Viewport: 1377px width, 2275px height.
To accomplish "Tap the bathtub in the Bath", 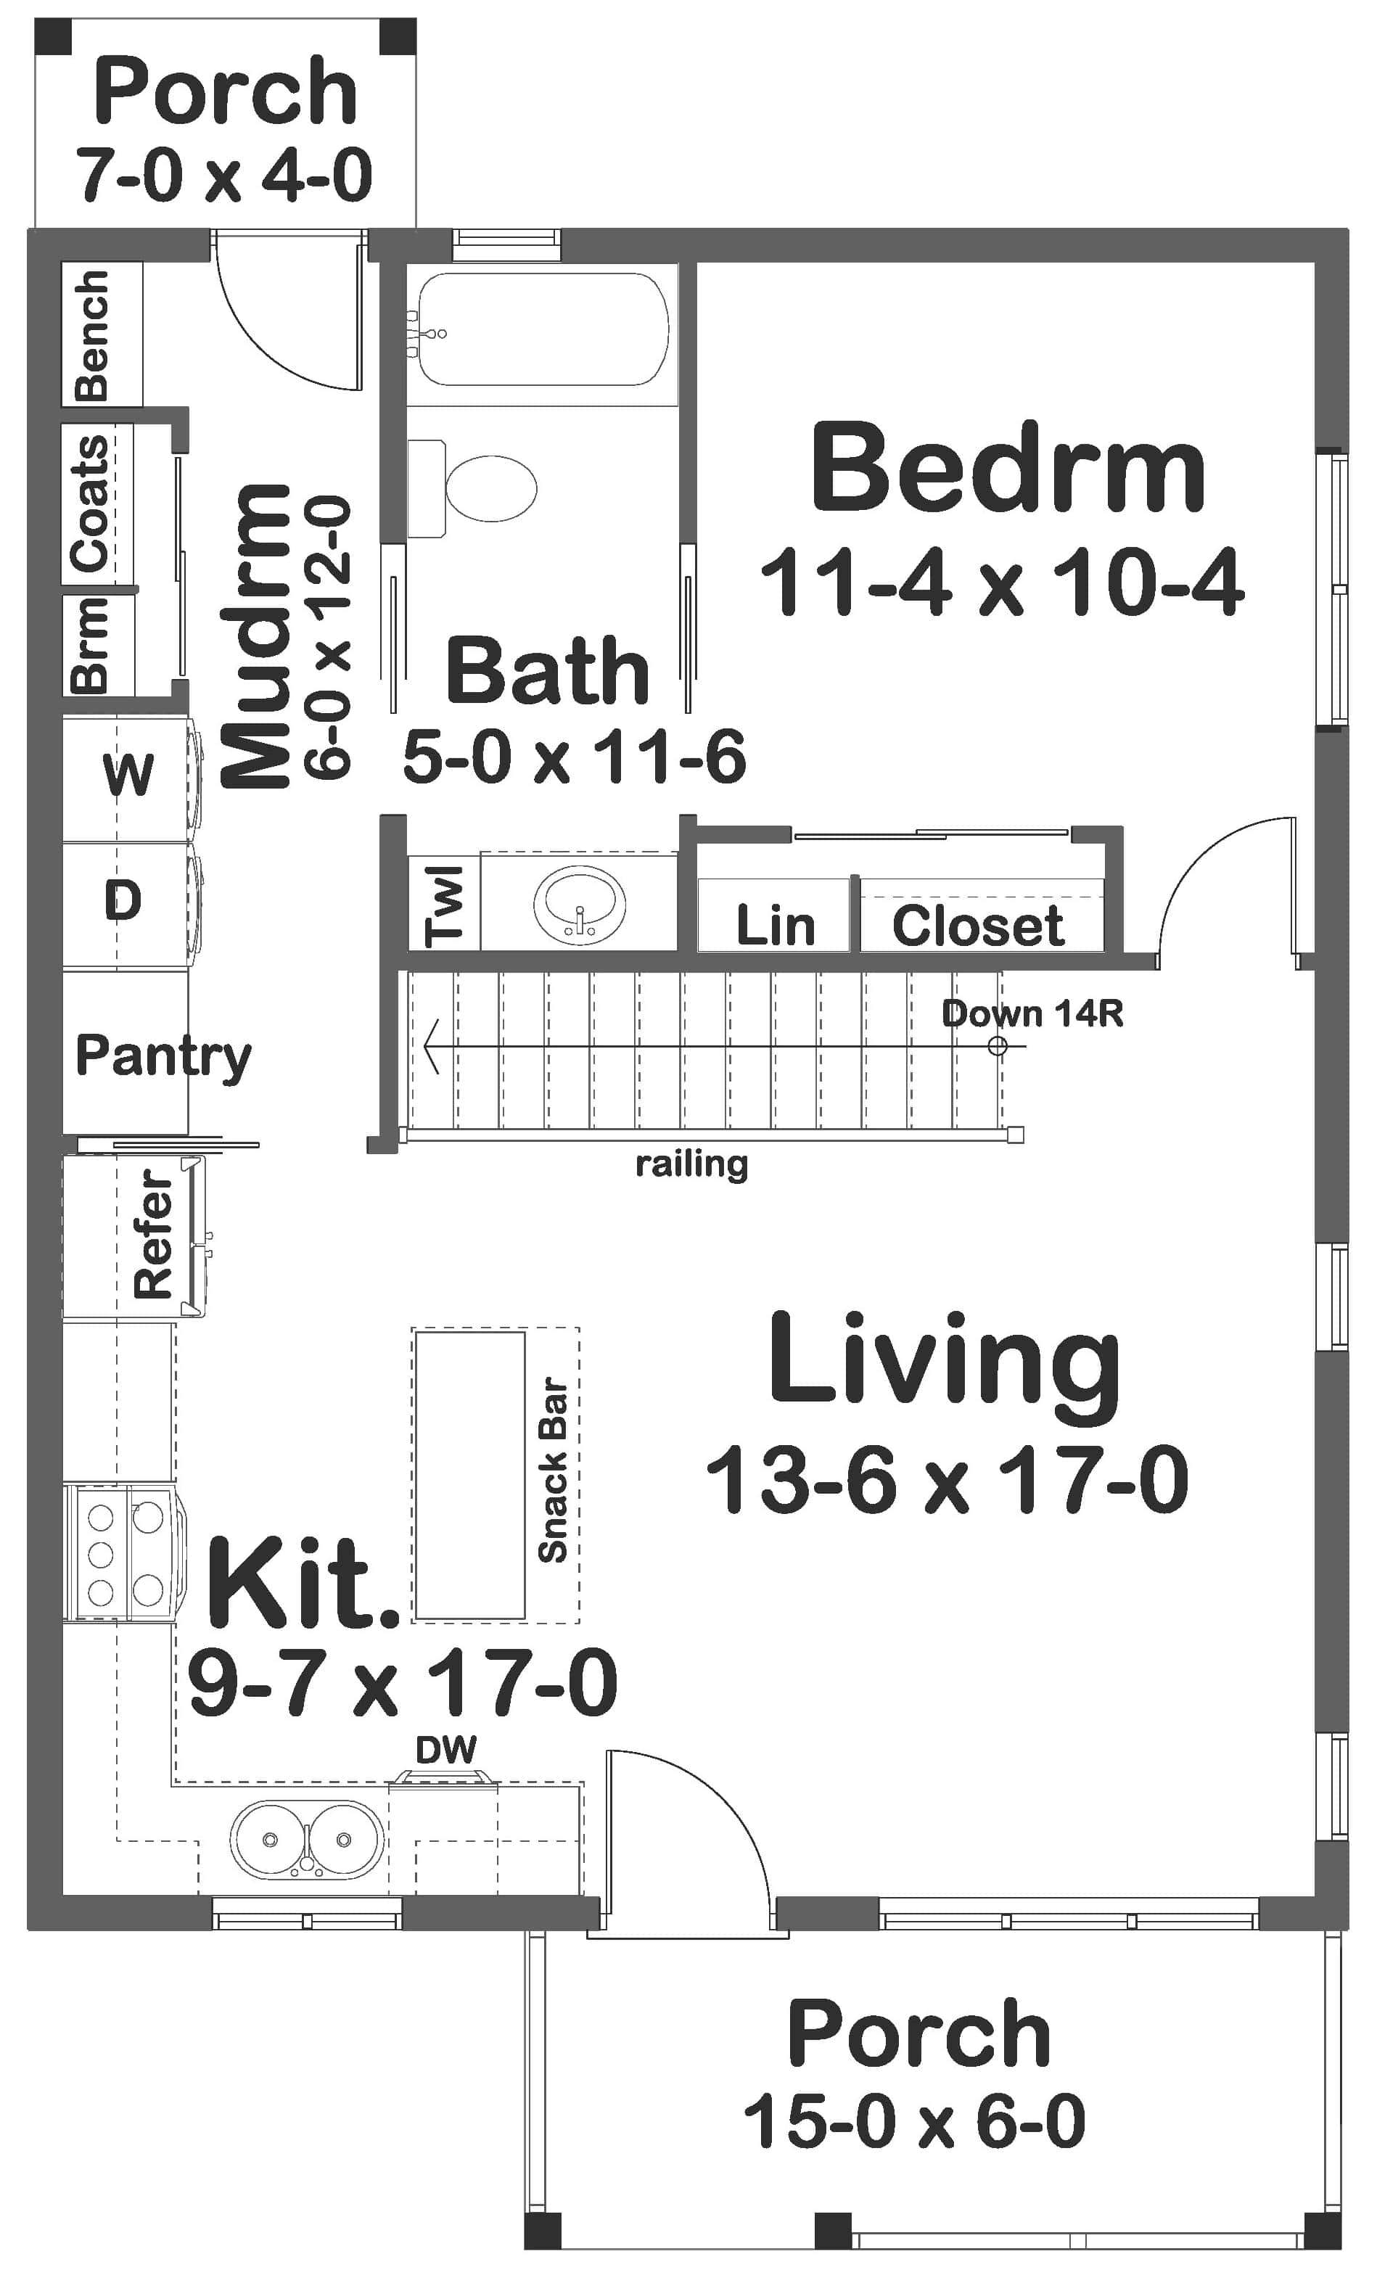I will pos(543,329).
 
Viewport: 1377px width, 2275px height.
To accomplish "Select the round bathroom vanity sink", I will pos(579,904).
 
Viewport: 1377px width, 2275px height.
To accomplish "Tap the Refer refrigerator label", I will pos(153,1235).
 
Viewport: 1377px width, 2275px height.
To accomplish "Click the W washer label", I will pos(128,774).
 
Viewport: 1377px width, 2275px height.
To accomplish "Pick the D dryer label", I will pos(123,900).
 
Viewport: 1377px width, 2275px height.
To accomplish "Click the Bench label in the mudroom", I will pos(92,335).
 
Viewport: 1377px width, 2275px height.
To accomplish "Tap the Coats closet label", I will pos(91,503).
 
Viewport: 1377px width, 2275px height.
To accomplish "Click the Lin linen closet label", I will pos(775,926).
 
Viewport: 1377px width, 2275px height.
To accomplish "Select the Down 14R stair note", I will pos(1032,1013).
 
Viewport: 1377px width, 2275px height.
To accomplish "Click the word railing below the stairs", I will pos(691,1164).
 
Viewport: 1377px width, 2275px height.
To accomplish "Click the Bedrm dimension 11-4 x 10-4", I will pos(1001,583).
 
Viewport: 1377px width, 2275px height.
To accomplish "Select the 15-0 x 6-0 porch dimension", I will pos(914,2122).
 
